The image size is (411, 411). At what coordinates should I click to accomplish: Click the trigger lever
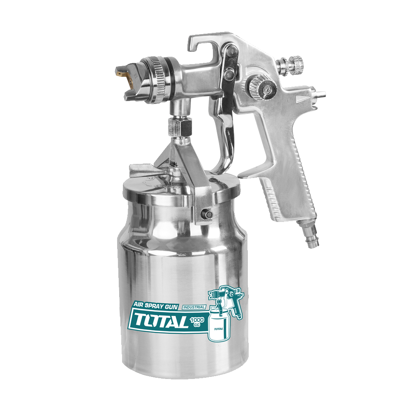tap(225, 118)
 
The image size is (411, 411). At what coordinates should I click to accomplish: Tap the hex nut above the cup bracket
tap(180, 127)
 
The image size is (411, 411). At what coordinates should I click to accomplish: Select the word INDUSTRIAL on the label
tap(194, 307)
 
